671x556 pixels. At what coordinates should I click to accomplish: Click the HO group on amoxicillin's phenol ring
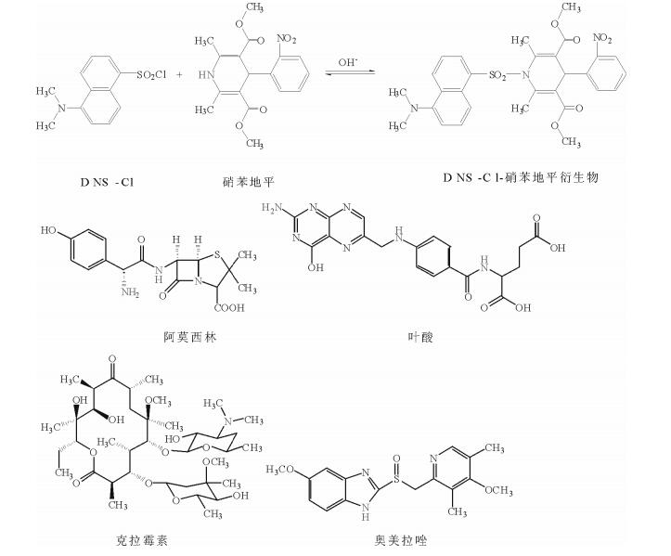[48, 226]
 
